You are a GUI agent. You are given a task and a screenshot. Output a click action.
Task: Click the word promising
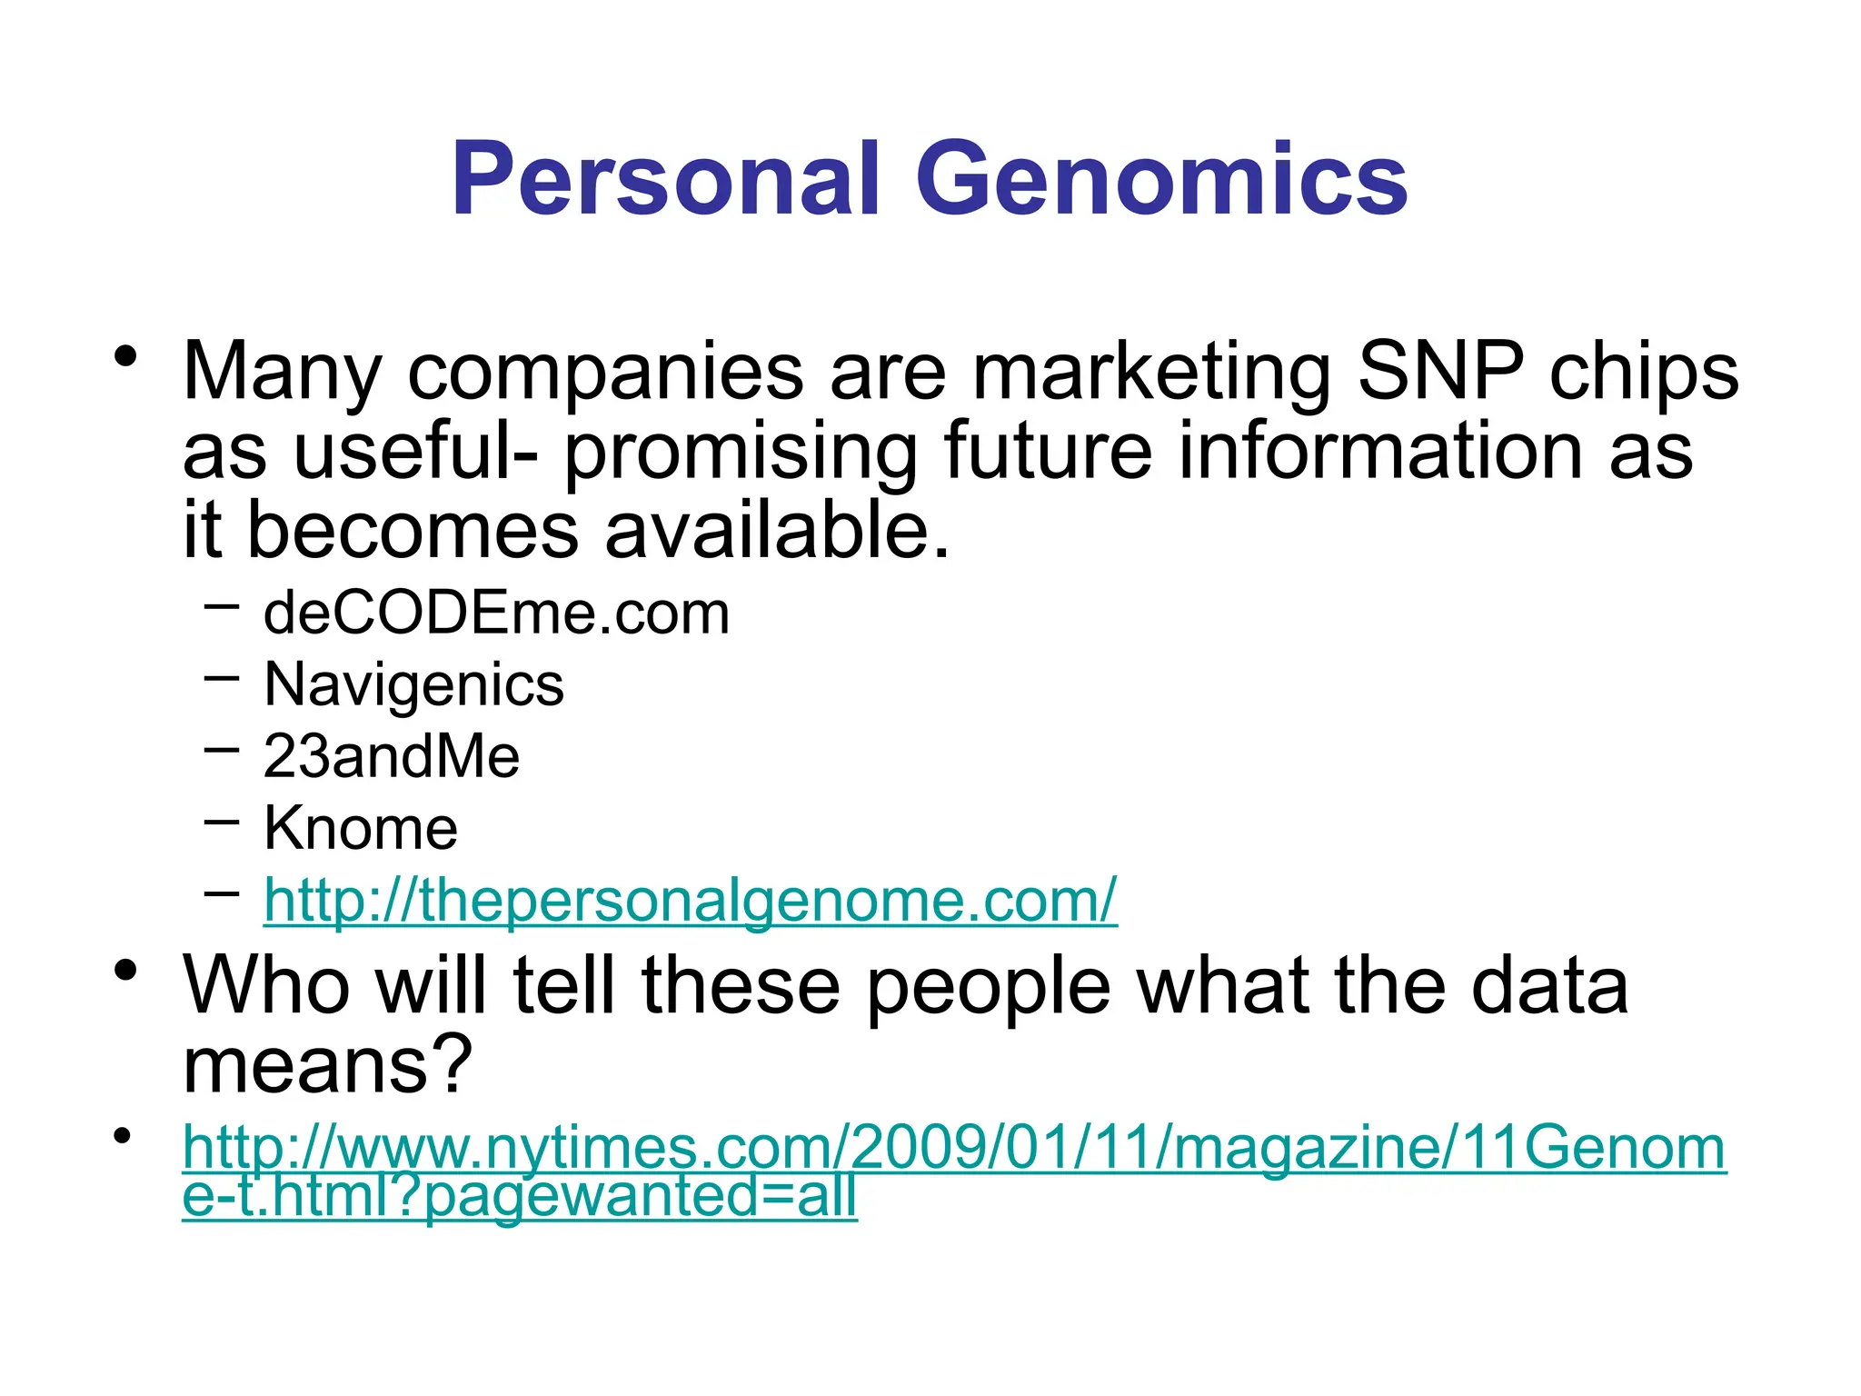[x=741, y=453]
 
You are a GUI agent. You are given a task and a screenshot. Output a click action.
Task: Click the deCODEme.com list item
[x=496, y=613]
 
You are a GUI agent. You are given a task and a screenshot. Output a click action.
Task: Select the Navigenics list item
[x=413, y=684]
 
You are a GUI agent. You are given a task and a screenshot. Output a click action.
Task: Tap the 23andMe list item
[x=392, y=756]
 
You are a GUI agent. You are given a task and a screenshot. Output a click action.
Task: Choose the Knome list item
[x=361, y=828]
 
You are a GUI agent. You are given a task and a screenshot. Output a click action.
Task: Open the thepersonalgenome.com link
[x=691, y=900]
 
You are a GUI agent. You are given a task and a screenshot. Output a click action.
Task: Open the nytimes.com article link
[x=954, y=1148]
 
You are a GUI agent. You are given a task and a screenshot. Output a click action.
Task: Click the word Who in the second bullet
[x=266, y=985]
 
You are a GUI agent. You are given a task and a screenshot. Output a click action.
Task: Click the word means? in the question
[x=327, y=1065]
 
